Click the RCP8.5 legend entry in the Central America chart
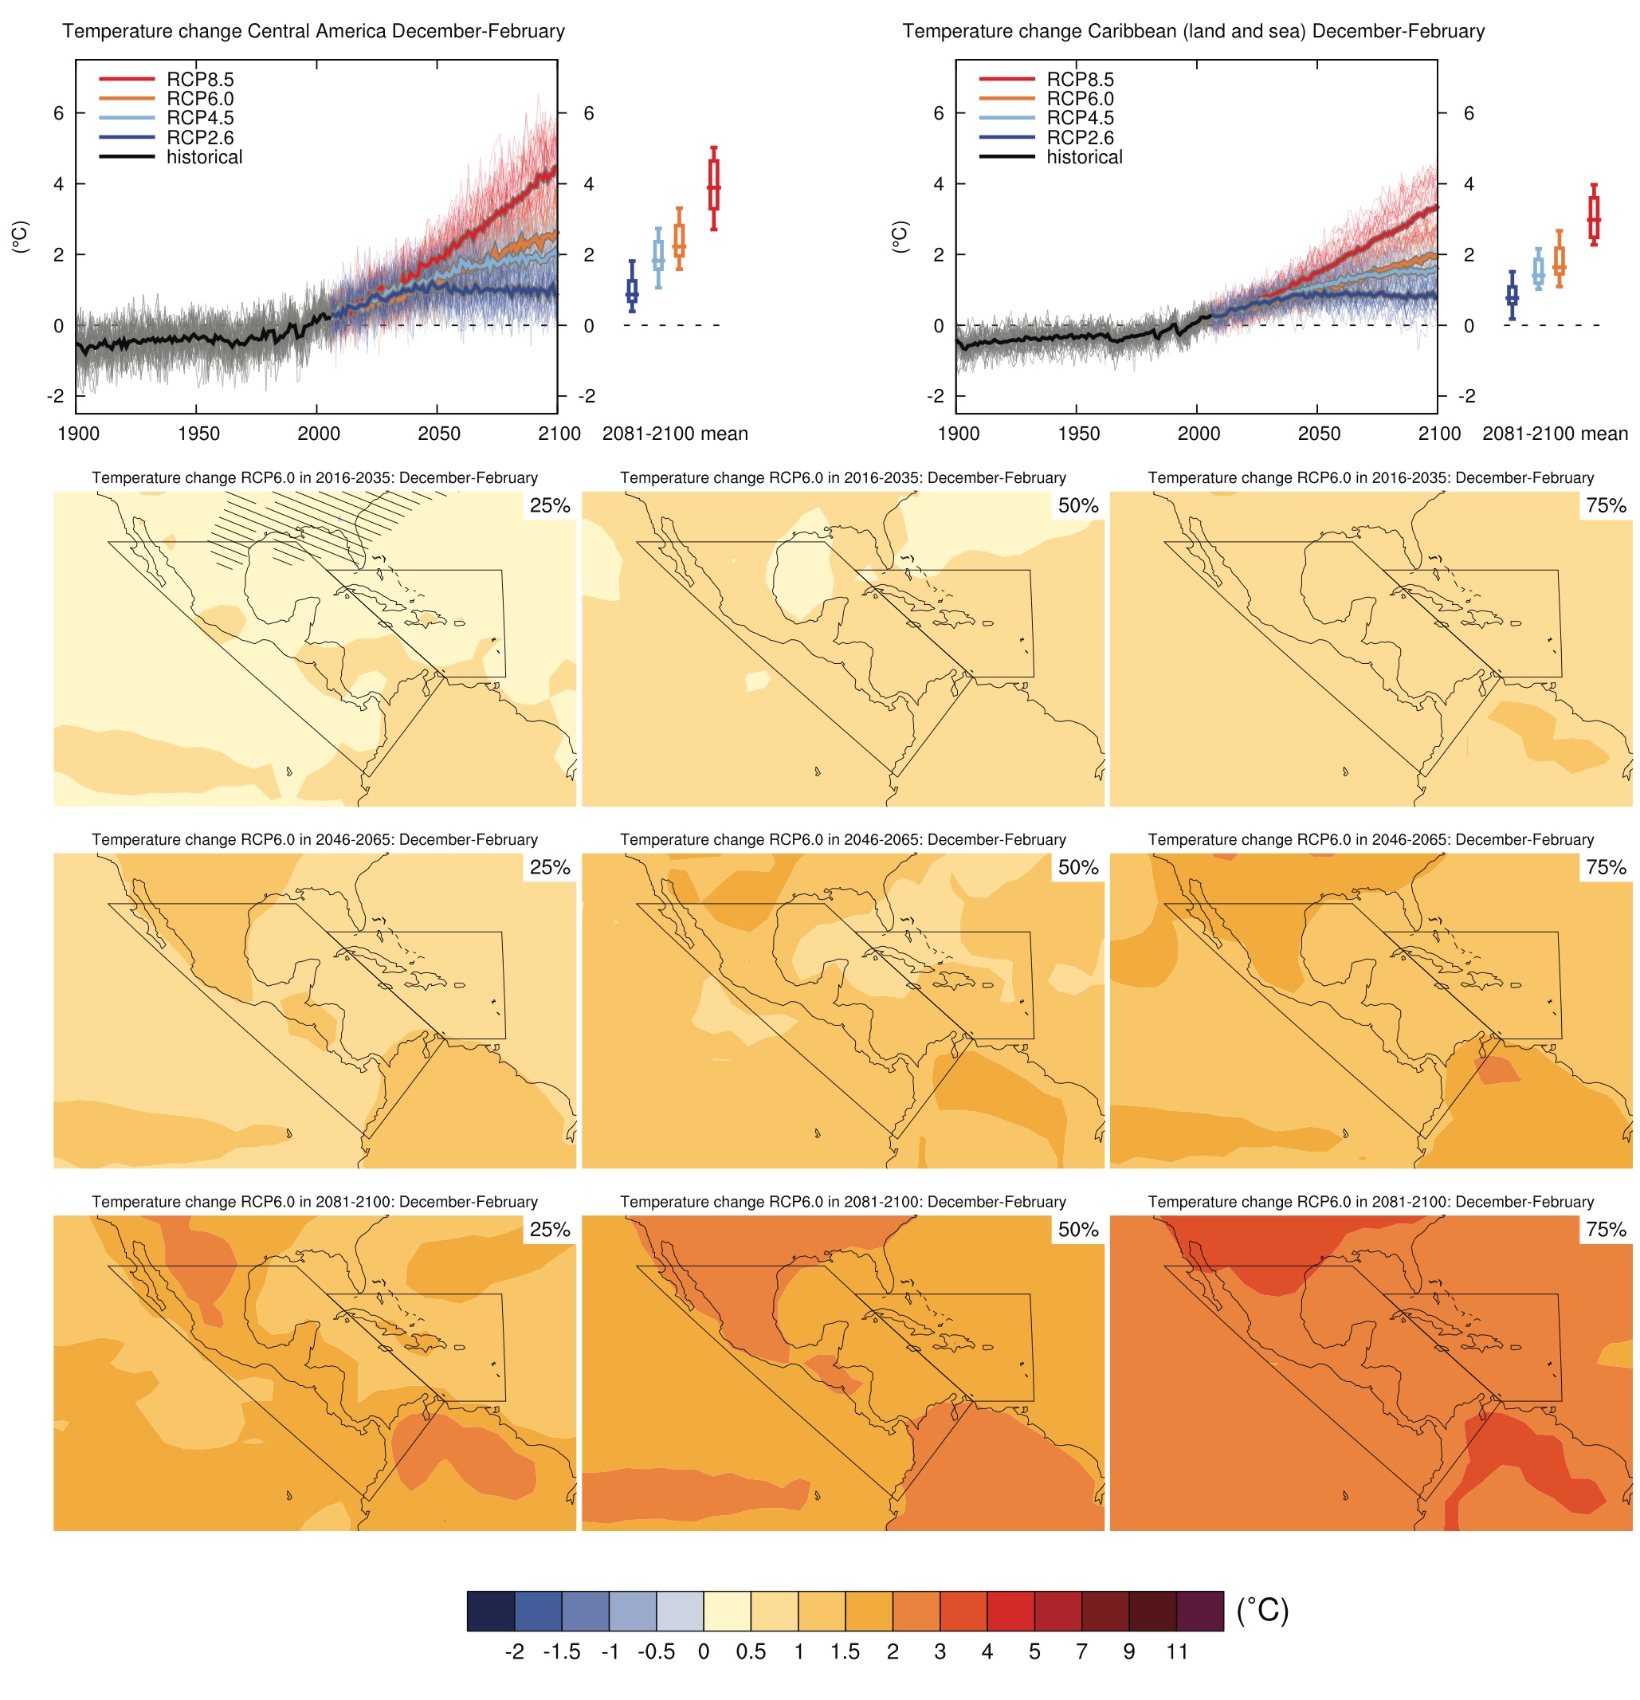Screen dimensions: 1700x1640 point(199,80)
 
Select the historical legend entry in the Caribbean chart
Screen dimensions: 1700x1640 point(1083,157)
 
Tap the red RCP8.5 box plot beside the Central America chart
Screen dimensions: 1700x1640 point(713,185)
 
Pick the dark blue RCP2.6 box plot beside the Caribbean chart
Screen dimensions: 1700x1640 point(1511,296)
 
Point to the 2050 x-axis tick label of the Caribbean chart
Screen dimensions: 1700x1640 point(1317,434)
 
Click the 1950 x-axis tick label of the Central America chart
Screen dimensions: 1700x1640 point(198,434)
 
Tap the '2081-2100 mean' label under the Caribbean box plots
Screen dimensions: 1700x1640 point(1553,434)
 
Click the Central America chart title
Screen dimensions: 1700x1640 point(313,31)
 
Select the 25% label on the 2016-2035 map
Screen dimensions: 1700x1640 point(549,505)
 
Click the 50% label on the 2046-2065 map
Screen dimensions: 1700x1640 point(1077,867)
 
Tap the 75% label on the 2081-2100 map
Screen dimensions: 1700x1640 point(1605,1229)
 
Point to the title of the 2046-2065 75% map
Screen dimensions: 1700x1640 point(1371,839)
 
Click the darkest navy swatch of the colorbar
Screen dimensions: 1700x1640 point(490,1611)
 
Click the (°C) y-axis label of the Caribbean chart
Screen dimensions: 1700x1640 point(900,237)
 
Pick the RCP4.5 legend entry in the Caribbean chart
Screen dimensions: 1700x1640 point(1079,118)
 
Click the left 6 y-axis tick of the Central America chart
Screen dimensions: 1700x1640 point(58,112)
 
